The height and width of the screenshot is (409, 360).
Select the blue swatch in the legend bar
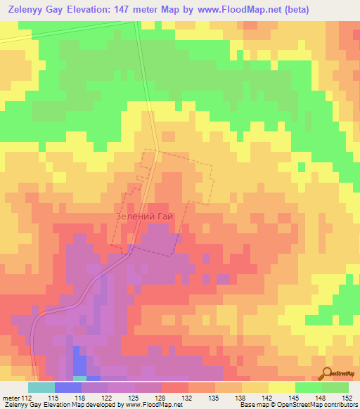pyautogui.click(x=67, y=387)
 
